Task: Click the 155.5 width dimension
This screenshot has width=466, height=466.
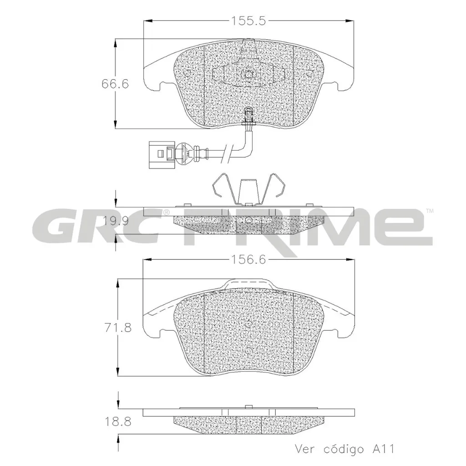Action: point(249,21)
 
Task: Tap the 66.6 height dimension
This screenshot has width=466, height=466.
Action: point(115,84)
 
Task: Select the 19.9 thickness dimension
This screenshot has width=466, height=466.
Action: point(115,222)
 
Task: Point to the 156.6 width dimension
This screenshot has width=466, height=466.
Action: point(249,259)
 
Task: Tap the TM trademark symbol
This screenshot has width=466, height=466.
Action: point(430,211)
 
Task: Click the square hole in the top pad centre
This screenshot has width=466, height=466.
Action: point(249,74)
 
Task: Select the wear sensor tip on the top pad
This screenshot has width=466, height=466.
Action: point(249,114)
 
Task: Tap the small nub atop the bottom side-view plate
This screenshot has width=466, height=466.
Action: point(249,406)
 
